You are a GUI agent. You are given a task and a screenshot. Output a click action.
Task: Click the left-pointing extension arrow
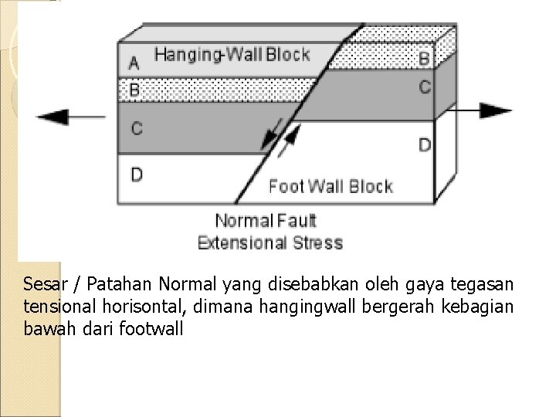point(71,117)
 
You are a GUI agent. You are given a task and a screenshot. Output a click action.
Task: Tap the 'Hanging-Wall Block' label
point(232,55)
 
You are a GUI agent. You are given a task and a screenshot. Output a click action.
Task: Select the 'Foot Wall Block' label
point(331,186)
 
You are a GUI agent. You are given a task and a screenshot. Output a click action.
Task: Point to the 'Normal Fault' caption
point(266,221)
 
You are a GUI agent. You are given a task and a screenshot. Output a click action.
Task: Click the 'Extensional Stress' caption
point(270,242)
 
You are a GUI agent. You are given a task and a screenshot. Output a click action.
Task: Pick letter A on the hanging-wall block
point(134,62)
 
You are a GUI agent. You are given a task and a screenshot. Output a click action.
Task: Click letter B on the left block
point(134,90)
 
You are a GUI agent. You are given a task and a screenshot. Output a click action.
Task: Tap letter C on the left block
point(136,128)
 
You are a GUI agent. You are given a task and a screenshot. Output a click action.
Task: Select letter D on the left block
point(136,175)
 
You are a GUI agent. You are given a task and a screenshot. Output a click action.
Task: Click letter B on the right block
point(424,58)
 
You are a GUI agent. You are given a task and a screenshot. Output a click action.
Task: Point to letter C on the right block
point(424,86)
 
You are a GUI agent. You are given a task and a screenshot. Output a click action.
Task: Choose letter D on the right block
point(424,144)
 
